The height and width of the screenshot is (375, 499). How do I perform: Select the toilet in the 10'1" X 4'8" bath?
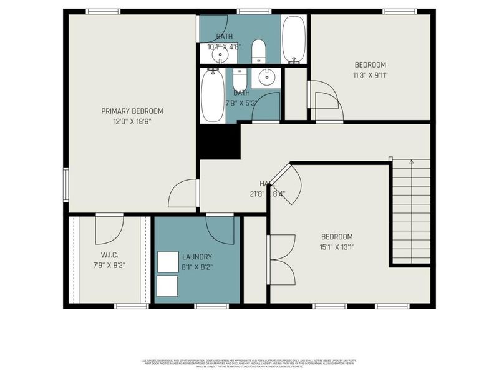259,51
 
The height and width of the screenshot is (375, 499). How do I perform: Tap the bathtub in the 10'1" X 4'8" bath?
293,39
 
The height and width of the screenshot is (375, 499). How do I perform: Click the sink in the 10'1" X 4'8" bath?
220,55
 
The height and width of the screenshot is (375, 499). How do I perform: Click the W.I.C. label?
109,255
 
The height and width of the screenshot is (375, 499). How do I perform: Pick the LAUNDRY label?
197,257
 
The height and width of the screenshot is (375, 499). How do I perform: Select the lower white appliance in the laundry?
167,286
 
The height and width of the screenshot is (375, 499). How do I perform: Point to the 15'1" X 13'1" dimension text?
337,247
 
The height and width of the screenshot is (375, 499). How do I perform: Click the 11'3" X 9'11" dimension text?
371,75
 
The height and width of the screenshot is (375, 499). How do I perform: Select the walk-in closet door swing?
109,230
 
